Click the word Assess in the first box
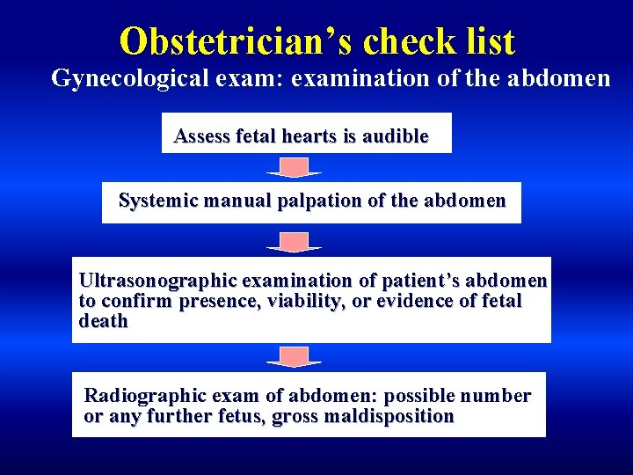199,136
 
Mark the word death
103,322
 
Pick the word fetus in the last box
241,417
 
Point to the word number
497,397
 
